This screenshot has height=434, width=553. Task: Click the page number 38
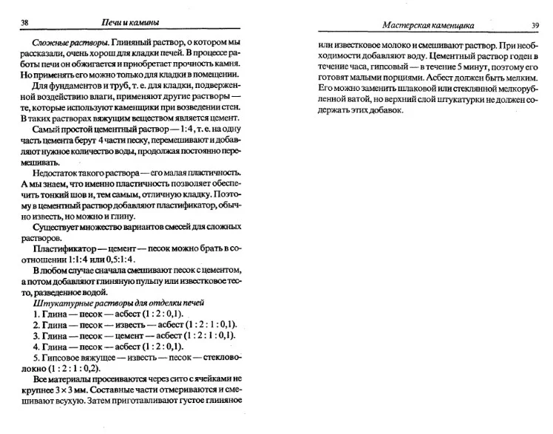click(x=24, y=24)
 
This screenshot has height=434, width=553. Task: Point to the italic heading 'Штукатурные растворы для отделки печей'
click(x=118, y=302)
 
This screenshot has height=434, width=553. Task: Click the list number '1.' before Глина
click(x=37, y=313)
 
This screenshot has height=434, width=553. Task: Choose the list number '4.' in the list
click(x=37, y=346)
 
